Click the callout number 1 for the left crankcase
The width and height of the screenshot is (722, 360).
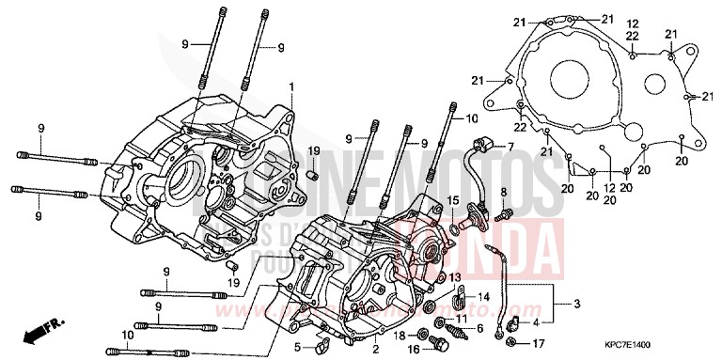coord(292,86)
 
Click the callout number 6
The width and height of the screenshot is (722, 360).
coord(480,328)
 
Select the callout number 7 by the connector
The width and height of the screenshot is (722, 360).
coord(510,148)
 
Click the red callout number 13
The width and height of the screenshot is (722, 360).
coord(455,278)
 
